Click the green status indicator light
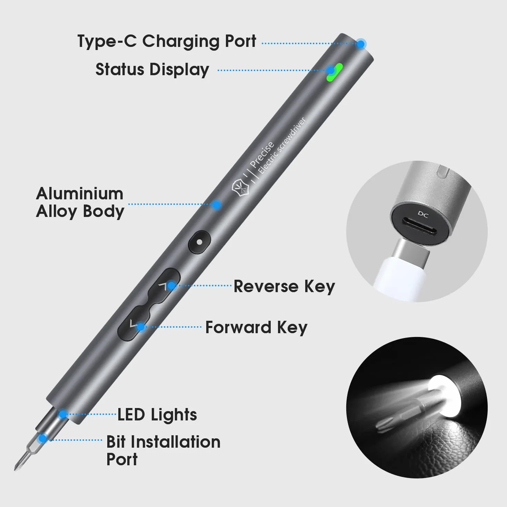coord(335,72)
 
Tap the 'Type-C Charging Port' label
coord(167,42)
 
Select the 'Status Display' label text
coord(152,70)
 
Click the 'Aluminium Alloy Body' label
coord(80,202)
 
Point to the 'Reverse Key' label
coord(284,286)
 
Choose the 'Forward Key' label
coord(256,328)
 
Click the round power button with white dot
coord(199,242)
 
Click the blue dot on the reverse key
coord(171,285)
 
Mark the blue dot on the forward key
coord(141,327)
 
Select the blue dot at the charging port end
coord(361,44)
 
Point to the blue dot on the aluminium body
coord(217,205)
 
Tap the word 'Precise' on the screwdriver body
coord(262,155)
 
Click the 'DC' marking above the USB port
coord(423,215)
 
